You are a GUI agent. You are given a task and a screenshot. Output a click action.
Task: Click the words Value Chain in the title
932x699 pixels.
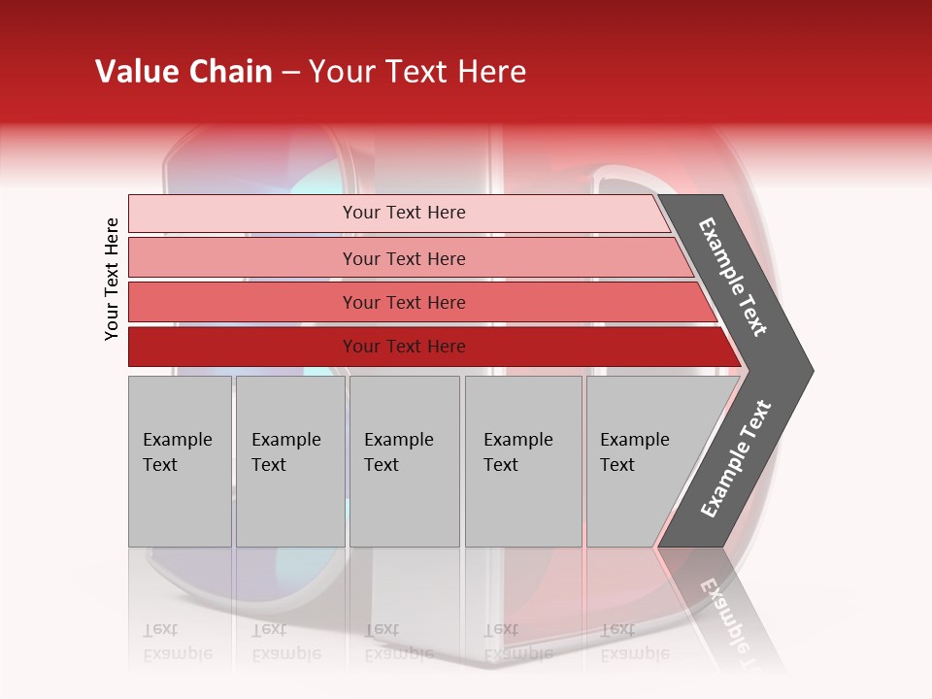(183, 72)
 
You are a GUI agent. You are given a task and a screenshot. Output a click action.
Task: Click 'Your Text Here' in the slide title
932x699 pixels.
(417, 72)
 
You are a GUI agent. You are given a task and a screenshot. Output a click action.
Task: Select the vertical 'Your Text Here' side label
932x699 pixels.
(112, 279)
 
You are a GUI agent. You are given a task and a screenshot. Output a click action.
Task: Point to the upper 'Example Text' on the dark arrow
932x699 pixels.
(733, 277)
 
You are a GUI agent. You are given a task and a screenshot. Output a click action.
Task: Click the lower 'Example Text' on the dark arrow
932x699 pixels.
(736, 458)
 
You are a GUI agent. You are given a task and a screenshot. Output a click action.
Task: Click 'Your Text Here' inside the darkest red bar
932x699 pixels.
(404, 347)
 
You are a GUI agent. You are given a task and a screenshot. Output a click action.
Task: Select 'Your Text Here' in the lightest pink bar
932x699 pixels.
(404, 213)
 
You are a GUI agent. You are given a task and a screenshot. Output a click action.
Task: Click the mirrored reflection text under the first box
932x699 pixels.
(177, 642)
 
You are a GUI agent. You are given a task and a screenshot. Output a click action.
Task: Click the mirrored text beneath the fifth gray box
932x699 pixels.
(634, 642)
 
